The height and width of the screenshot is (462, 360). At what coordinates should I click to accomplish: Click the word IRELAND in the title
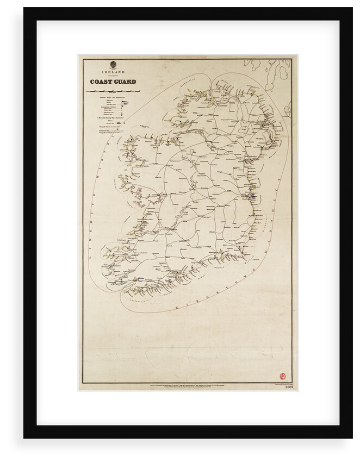(x=113, y=72)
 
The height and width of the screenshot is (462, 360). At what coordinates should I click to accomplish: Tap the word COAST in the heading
(x=102, y=82)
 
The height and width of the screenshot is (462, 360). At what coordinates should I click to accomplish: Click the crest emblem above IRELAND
(x=113, y=64)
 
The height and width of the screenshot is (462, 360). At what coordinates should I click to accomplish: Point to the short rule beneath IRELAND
(x=113, y=76)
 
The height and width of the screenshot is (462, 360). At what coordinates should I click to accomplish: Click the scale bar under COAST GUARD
(x=114, y=90)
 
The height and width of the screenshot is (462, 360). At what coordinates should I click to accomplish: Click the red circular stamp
(x=282, y=377)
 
